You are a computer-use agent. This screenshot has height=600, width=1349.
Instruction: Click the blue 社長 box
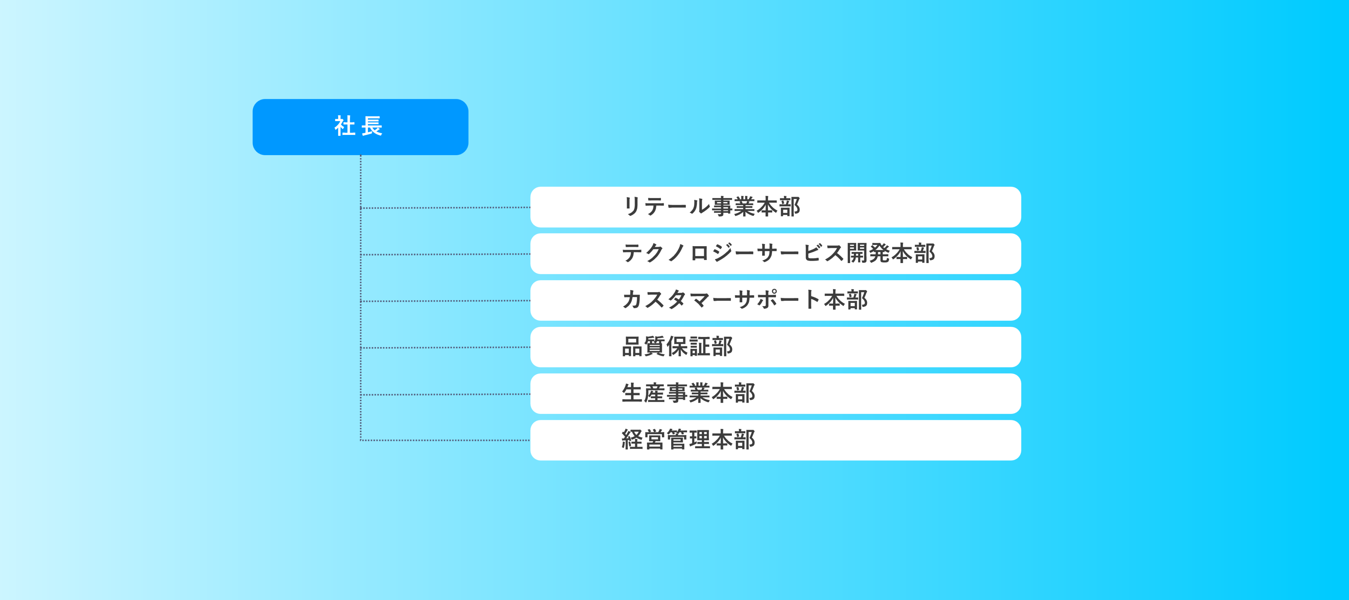click(360, 127)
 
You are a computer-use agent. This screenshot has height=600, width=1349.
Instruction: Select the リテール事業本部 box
click(776, 207)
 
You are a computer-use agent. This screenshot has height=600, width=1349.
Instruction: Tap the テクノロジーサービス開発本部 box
click(776, 253)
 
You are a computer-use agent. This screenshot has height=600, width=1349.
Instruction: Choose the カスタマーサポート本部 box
click(776, 300)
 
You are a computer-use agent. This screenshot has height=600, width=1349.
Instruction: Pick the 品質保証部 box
click(776, 347)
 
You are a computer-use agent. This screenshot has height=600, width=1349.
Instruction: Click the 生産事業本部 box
click(776, 393)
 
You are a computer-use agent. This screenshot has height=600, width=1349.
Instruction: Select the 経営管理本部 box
click(776, 440)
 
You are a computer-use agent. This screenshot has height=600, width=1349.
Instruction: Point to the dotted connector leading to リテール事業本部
click(446, 208)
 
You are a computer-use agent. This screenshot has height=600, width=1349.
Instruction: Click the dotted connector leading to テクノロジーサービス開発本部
click(446, 254)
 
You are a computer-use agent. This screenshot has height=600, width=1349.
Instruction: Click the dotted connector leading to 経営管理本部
click(446, 440)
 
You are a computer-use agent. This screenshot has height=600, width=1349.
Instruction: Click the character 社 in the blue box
click(345, 126)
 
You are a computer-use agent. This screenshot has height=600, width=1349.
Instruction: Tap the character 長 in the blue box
click(372, 126)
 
